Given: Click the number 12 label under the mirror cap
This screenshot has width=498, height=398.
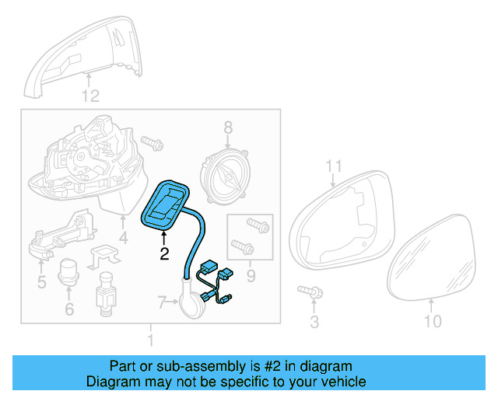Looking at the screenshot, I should coord(91,96).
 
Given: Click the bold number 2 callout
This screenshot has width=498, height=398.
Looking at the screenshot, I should coord(164,253).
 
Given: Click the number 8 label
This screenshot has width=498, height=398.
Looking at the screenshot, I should coord(228,127).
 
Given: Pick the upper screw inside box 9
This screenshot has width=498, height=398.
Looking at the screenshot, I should coord(258,225).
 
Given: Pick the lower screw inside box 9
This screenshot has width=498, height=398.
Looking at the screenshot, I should coord(243,247).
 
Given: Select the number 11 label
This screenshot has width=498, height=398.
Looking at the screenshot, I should coord(334,166).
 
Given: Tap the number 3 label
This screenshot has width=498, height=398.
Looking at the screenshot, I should coord(314,321).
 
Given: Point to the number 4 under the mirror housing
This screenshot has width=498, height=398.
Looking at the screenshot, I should coord(123,237).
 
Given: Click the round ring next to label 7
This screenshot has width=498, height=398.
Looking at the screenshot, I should coord(191,302).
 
